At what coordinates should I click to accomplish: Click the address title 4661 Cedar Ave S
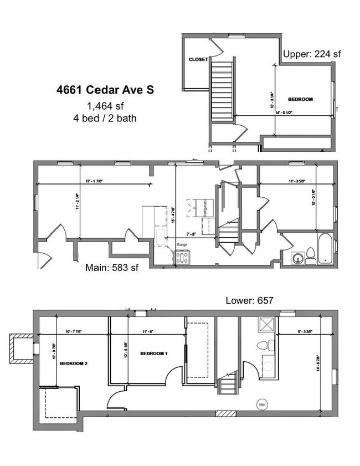click(x=105, y=89)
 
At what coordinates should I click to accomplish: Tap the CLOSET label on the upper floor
click(x=198, y=59)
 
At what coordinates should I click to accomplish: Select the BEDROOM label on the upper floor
click(x=301, y=100)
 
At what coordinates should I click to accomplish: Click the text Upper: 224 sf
click(x=312, y=54)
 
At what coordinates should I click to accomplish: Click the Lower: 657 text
click(x=250, y=300)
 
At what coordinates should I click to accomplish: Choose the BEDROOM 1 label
click(x=153, y=354)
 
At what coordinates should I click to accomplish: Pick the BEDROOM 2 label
click(x=74, y=364)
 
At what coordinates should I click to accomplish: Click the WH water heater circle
click(x=261, y=405)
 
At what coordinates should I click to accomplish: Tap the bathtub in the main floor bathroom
click(x=325, y=249)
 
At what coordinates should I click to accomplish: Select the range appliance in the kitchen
click(x=183, y=257)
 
